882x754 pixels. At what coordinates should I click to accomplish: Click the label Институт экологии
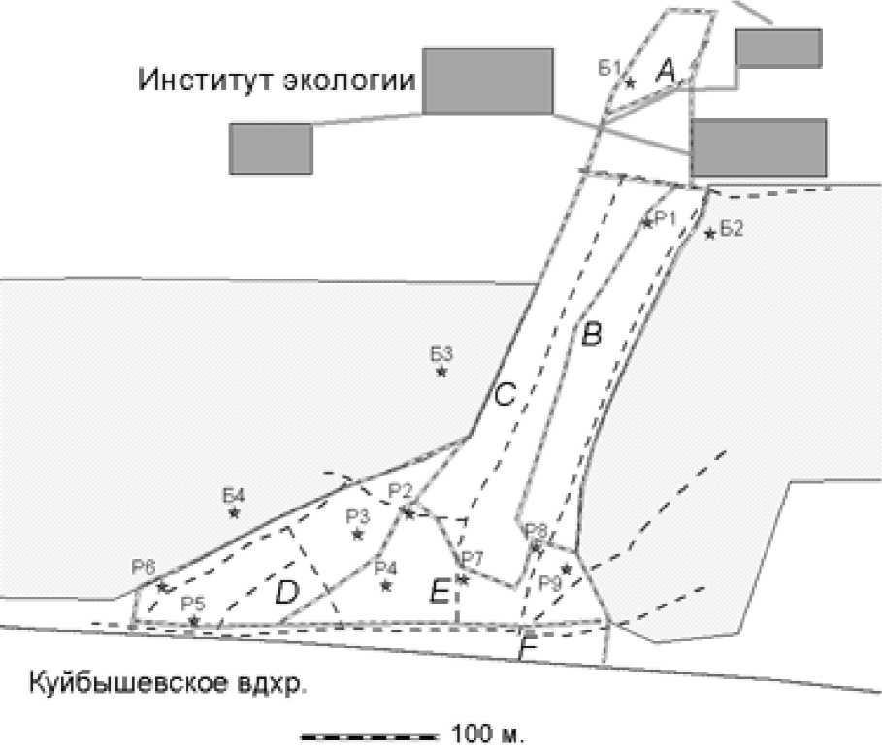(x=278, y=79)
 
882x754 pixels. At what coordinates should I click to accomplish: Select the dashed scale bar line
(x=369, y=734)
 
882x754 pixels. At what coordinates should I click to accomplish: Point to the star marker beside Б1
(x=630, y=82)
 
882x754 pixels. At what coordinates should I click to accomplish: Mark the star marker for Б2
(x=710, y=233)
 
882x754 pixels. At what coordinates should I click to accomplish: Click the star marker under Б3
(x=441, y=371)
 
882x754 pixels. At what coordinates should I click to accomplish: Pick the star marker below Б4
(x=234, y=512)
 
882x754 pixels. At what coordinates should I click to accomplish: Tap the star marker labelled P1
(x=647, y=223)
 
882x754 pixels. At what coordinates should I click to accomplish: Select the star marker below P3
(x=357, y=534)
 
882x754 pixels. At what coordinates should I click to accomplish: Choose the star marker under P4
(x=386, y=584)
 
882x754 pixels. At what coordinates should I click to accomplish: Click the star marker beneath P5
(x=194, y=621)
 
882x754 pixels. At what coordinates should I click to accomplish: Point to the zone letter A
(x=666, y=69)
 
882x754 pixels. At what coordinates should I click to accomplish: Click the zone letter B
(x=591, y=336)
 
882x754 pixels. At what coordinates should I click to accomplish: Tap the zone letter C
(x=506, y=395)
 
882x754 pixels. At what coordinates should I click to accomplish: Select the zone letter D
(x=285, y=591)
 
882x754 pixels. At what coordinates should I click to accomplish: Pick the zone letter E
(x=440, y=589)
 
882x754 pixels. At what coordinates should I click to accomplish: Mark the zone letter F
(x=528, y=647)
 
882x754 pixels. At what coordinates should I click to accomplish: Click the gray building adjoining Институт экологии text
(x=488, y=81)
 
